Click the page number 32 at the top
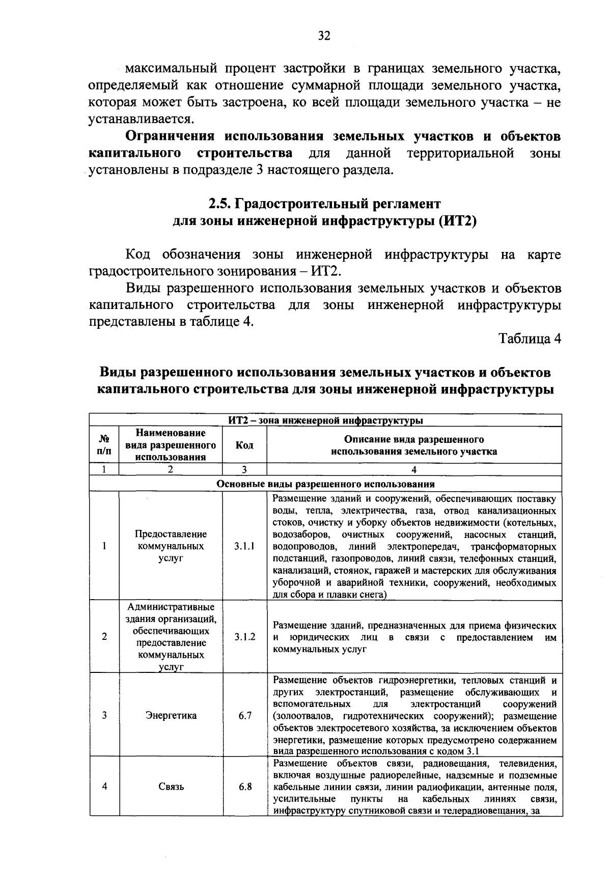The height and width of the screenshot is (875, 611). [324, 36]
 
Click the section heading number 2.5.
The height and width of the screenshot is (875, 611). [220, 204]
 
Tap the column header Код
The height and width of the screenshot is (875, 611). [244, 445]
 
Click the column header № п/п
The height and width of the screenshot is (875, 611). [104, 445]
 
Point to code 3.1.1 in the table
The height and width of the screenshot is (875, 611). [244, 546]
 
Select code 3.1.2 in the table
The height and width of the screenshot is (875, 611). [244, 637]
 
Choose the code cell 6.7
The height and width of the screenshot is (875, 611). [245, 715]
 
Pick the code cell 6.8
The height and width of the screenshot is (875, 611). [245, 786]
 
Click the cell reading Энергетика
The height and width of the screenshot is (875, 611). [171, 715]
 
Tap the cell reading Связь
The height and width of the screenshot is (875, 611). [171, 786]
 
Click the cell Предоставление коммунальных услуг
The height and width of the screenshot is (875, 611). [171, 546]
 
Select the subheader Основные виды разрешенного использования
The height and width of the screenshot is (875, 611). [325, 484]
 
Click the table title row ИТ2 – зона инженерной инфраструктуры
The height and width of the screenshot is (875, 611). [325, 421]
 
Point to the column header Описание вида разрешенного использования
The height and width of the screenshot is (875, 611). [414, 445]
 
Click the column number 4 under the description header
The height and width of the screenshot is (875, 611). [414, 470]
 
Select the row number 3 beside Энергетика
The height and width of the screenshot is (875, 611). [104, 715]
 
